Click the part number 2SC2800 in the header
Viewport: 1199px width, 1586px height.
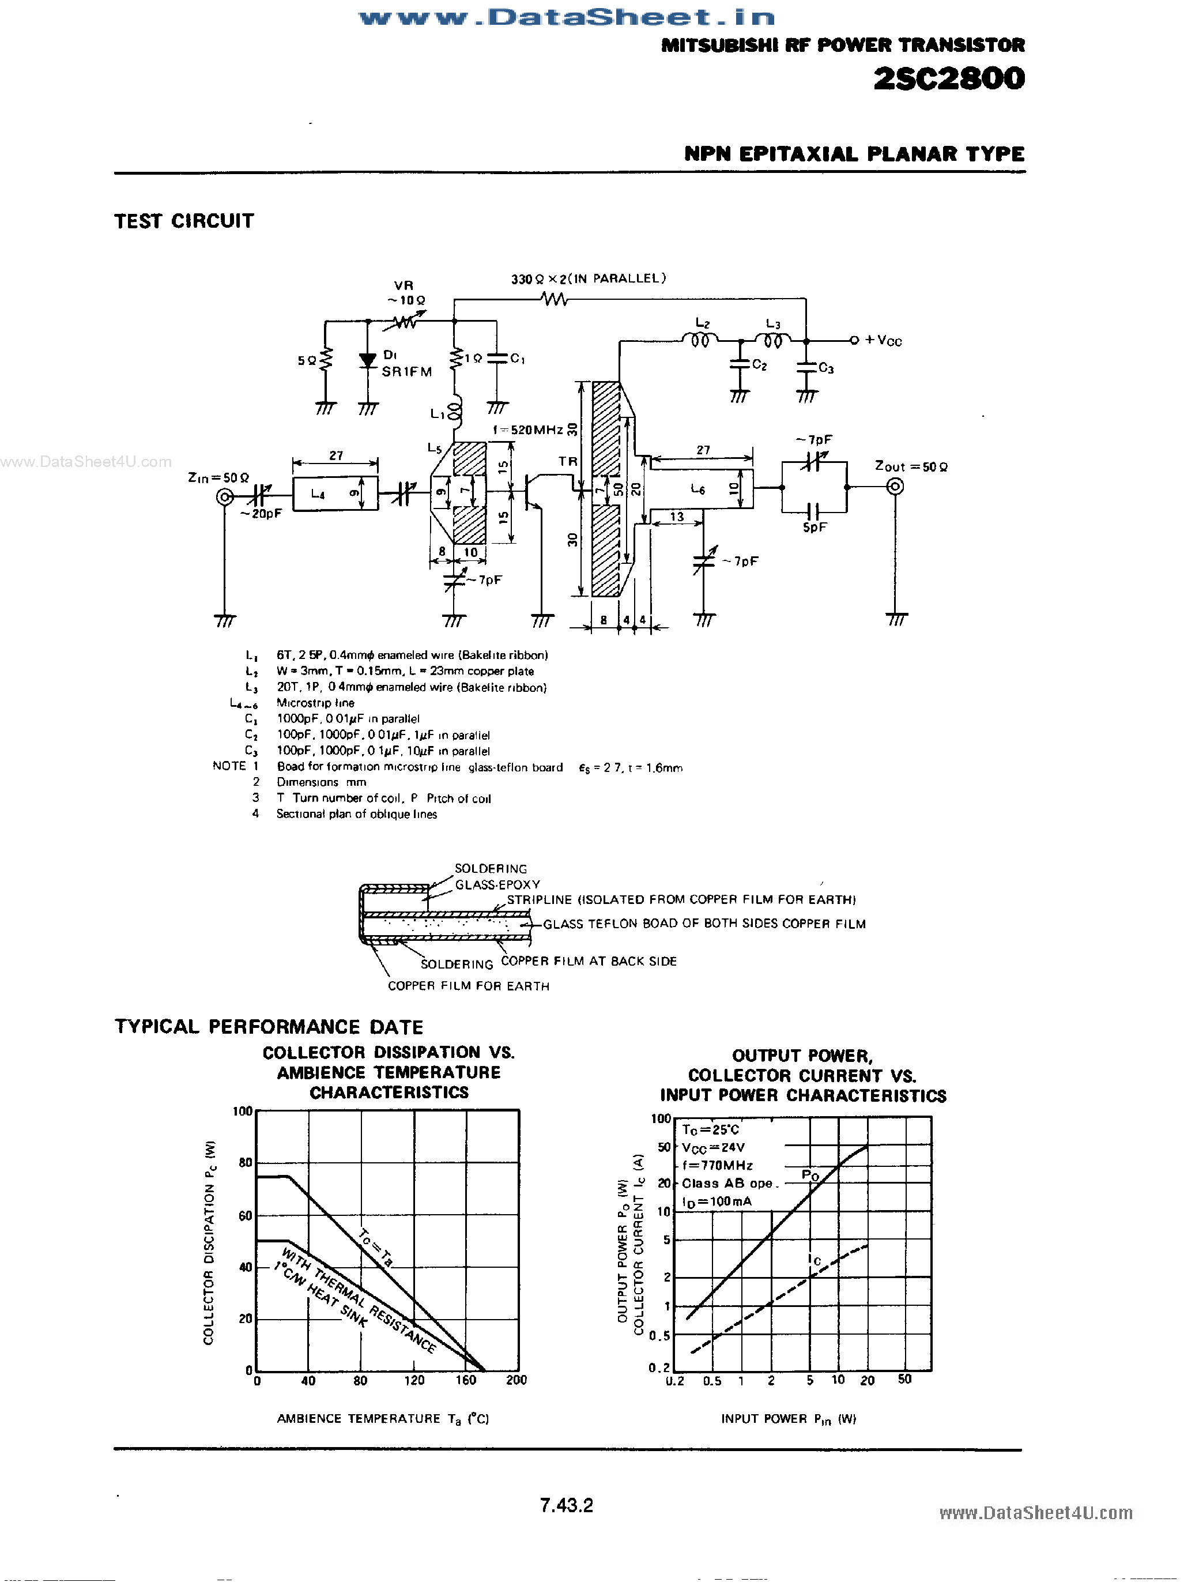[x=949, y=78]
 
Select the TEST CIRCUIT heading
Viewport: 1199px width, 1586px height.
[x=184, y=221]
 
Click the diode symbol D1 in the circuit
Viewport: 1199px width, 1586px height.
[x=368, y=361]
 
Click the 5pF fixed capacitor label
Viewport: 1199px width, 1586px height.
[x=815, y=528]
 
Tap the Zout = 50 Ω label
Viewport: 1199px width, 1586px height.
[x=911, y=467]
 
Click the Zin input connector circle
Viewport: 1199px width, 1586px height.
[x=224, y=497]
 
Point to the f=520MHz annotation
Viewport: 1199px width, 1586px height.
[x=527, y=430]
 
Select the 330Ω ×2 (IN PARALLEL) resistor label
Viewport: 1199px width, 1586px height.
[x=588, y=279]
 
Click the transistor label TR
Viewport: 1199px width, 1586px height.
[x=568, y=462]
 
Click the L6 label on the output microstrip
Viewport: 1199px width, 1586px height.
[x=697, y=489]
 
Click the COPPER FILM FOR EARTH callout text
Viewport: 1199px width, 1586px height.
[x=468, y=986]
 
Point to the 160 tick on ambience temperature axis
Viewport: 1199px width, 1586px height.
[x=465, y=1380]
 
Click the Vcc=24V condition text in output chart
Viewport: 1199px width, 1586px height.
[x=713, y=1147]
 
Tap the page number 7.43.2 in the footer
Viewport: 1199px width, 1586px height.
[x=567, y=1505]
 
